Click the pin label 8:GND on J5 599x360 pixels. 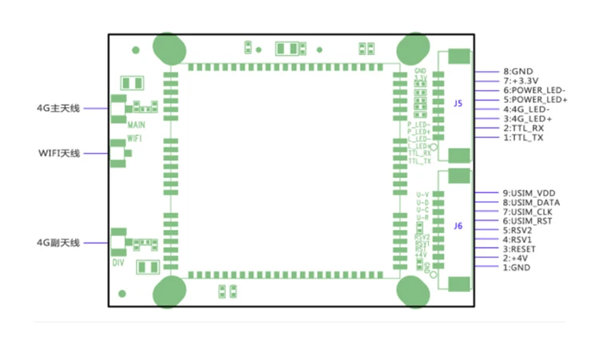click(x=518, y=70)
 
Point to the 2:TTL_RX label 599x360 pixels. click(x=524, y=128)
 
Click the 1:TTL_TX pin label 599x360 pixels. click(x=524, y=137)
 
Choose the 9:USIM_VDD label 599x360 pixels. click(x=529, y=192)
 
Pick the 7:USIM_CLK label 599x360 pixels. click(x=528, y=212)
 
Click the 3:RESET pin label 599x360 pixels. click(x=520, y=249)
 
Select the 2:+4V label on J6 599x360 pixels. click(x=515, y=258)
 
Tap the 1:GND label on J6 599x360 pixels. click(x=516, y=267)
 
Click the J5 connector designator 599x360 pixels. click(x=458, y=104)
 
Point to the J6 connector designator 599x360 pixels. click(x=458, y=226)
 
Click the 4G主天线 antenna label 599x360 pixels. click(x=58, y=109)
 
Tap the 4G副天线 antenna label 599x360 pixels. click(x=58, y=243)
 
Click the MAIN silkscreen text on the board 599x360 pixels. click(x=135, y=125)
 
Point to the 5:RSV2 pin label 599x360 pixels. click(x=518, y=230)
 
